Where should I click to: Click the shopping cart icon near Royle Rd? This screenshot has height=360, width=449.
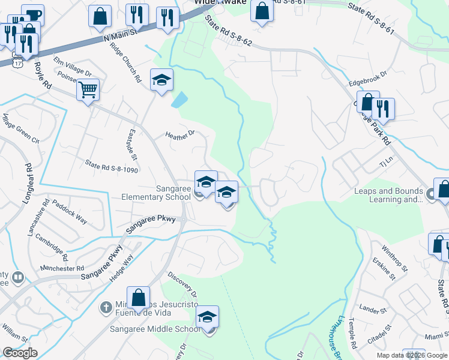(x=88, y=91)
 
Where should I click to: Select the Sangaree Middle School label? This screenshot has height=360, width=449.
(x=155, y=329)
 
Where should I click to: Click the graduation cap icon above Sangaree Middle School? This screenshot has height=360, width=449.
(x=207, y=317)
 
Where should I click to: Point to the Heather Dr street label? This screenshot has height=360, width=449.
(x=180, y=134)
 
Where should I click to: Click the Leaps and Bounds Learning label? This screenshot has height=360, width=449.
(x=388, y=196)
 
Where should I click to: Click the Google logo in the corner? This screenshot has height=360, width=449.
(x=20, y=353)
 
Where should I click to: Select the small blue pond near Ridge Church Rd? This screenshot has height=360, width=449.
(x=179, y=99)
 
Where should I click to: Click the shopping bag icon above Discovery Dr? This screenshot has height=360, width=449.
(x=139, y=298)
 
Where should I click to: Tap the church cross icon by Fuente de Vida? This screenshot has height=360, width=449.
(x=106, y=307)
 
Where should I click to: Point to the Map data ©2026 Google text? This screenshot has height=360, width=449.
(x=412, y=355)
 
